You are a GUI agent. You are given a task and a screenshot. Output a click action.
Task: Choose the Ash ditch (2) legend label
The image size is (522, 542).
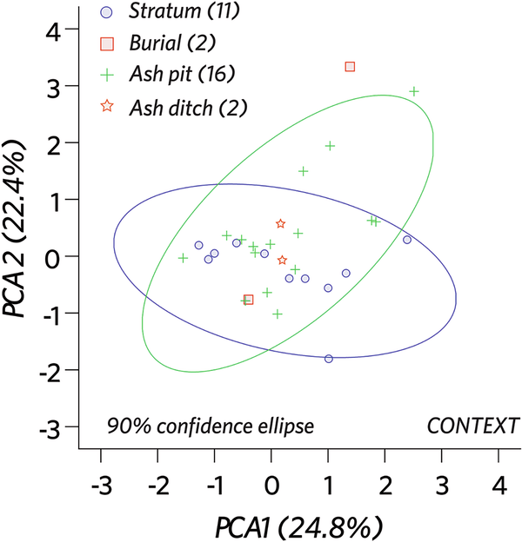tap(187, 107)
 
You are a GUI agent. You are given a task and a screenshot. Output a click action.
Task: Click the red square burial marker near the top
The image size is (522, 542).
tap(350, 66)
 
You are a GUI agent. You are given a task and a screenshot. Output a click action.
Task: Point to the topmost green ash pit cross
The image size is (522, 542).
tap(415, 91)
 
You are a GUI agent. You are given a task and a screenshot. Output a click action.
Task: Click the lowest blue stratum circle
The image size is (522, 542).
tap(328, 359)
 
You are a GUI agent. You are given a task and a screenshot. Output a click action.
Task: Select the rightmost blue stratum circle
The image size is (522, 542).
tap(407, 240)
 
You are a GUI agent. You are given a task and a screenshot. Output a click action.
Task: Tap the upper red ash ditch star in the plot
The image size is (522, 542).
tap(280, 224)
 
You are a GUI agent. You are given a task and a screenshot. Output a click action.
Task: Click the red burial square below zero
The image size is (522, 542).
tap(249, 300)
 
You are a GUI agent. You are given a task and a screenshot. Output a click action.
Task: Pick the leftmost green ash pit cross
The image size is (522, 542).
tap(184, 258)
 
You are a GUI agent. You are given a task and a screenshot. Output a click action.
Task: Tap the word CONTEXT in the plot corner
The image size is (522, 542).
tap(472, 426)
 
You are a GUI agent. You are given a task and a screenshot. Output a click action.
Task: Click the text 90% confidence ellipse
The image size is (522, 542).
tap(210, 426)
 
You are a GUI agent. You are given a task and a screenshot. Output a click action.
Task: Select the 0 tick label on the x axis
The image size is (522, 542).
tap(271, 483)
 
